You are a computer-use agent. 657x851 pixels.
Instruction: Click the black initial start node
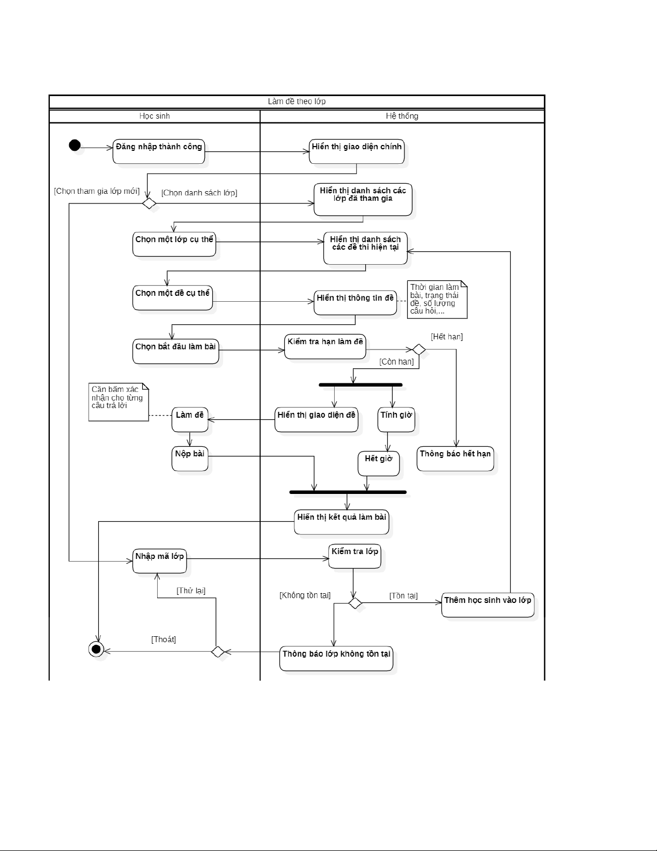[x=75, y=145]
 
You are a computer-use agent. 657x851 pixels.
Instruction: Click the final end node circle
[x=96, y=650]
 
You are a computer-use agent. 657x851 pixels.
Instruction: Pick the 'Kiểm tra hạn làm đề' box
[x=325, y=347]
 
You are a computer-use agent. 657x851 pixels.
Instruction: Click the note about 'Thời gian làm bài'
[x=437, y=300]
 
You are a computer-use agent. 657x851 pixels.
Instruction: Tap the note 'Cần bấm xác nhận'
[x=119, y=402]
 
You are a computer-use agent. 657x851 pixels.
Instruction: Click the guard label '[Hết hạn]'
[x=447, y=337]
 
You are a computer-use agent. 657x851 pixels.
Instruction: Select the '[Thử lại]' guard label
[x=191, y=591]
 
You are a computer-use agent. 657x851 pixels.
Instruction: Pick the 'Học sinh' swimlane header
[x=154, y=116]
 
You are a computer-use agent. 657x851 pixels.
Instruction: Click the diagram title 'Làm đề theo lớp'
[x=297, y=101]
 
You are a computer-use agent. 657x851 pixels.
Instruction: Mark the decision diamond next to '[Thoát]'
[x=217, y=652]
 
